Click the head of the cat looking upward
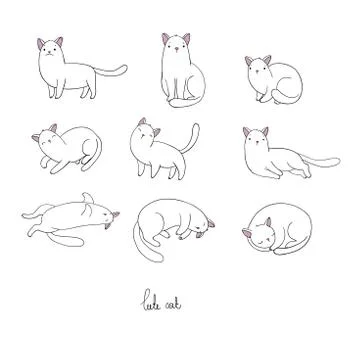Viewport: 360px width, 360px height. [x=149, y=131]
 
